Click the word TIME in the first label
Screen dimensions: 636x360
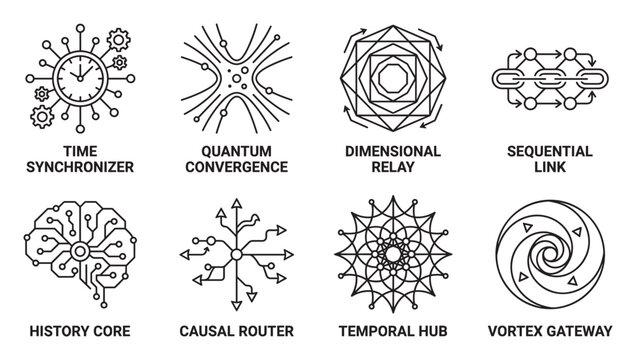tap(80, 152)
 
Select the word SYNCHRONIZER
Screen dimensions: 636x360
tap(80, 167)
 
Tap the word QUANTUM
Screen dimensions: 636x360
tap(236, 152)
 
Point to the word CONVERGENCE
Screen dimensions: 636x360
tap(236, 167)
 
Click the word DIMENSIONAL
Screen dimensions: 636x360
tap(393, 152)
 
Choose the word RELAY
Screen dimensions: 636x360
tap(393, 167)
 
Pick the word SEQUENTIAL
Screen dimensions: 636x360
tap(550, 152)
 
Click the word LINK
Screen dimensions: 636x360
tap(550, 167)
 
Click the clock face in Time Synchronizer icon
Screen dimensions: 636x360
tap(80, 78)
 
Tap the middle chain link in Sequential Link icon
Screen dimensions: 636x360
tap(550, 79)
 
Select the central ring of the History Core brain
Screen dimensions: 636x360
tap(80, 252)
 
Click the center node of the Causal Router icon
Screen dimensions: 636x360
tap(236, 255)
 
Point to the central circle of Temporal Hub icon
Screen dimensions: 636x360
tap(393, 254)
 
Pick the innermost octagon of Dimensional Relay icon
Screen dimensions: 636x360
tap(393, 78)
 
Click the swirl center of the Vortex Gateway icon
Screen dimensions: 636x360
tap(550, 254)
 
